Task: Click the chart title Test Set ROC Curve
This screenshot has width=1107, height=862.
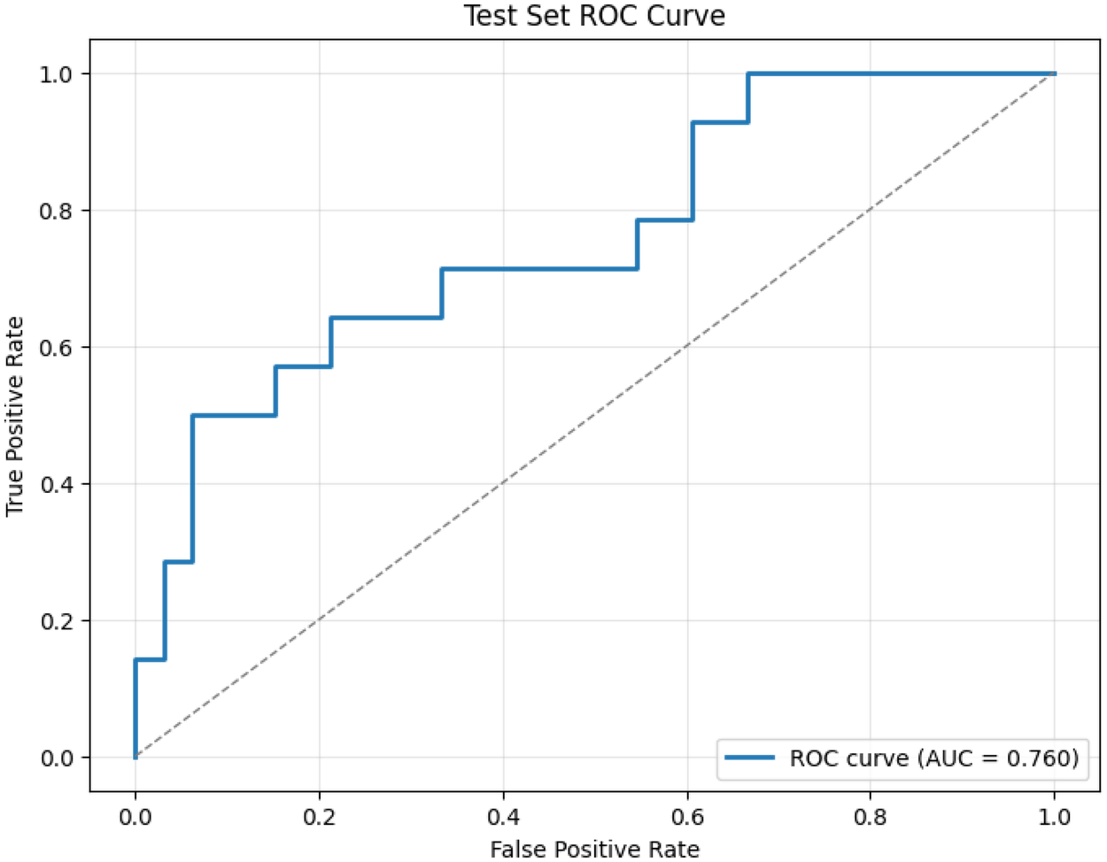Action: (x=594, y=15)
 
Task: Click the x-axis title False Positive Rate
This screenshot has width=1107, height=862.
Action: (x=594, y=849)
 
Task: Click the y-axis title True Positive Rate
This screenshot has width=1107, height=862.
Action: (x=15, y=416)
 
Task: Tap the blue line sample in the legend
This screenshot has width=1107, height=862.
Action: (x=749, y=758)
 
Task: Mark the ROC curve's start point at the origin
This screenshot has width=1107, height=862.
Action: (x=135, y=757)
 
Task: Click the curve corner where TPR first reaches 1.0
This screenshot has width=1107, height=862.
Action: (x=748, y=73)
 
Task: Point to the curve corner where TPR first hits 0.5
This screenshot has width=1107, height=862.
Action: (x=192, y=415)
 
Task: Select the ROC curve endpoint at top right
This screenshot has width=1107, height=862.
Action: (x=1054, y=73)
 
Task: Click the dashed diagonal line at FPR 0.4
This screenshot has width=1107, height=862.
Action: (x=503, y=483)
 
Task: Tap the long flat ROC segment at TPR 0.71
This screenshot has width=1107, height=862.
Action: (x=540, y=268)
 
